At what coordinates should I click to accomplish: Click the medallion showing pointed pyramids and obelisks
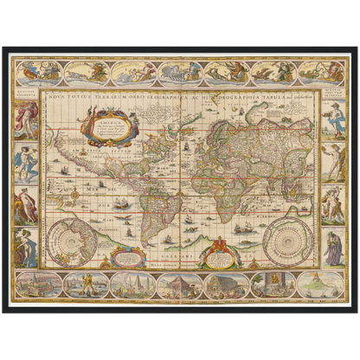(132, 285)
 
